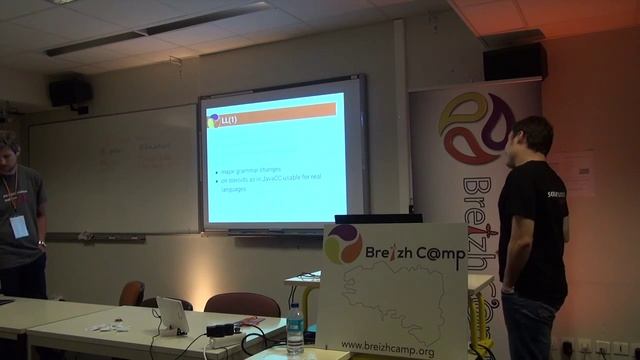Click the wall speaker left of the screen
pos(70,92)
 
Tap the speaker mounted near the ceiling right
pos(514,61)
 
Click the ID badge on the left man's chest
pos(19,226)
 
